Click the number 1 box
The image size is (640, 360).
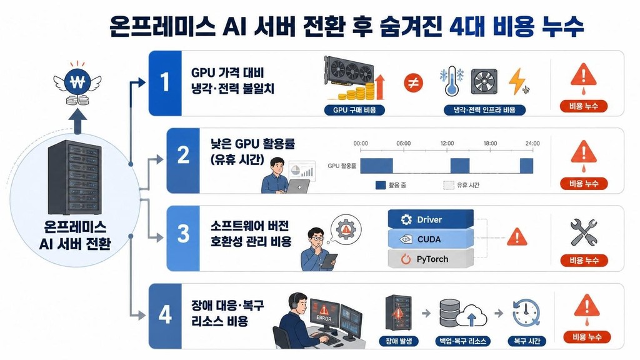click(x=165, y=83)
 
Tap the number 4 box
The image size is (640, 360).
click(x=165, y=316)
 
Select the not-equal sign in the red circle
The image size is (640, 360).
click(x=413, y=83)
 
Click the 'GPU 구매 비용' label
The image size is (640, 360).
click(x=354, y=110)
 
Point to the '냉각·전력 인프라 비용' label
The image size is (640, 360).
click(x=484, y=110)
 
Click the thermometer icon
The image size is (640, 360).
click(x=452, y=81)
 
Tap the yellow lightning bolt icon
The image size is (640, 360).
click(x=517, y=81)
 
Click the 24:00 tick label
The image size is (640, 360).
click(x=532, y=143)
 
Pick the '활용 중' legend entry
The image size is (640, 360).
click(x=391, y=185)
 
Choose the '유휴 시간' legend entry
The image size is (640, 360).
click(x=461, y=185)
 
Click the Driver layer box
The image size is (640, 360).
click(x=431, y=219)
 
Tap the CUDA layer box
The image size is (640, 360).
click(x=431, y=239)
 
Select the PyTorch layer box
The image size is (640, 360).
click(x=431, y=259)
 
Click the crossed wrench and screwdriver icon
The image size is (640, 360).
click(x=584, y=232)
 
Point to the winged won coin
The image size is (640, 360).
click(x=77, y=83)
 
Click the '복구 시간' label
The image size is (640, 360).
click(x=526, y=341)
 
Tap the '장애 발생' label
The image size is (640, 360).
click(x=399, y=341)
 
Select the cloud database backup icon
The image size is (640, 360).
click(x=463, y=313)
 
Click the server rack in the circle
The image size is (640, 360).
click(x=75, y=177)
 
